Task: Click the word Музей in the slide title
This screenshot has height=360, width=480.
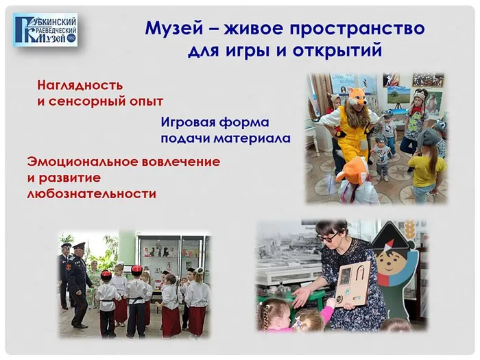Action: [174, 28]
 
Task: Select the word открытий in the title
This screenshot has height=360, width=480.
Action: [337, 51]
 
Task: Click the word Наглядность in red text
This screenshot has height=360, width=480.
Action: [80, 86]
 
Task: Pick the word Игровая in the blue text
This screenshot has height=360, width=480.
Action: [186, 123]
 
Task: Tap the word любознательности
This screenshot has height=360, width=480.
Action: [92, 194]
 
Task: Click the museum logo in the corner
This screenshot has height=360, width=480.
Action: [45, 29]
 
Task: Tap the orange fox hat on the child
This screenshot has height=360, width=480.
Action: [352, 171]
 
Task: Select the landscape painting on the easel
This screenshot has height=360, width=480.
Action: [398, 95]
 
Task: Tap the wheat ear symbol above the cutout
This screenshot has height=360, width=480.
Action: [408, 232]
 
